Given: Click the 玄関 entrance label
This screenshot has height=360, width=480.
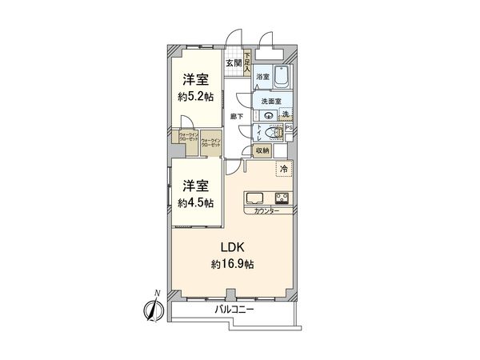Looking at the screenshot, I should pos(234,63).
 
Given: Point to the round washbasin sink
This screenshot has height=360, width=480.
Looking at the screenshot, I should pos(267,115).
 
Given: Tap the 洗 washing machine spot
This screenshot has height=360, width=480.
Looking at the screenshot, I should pos(286,115).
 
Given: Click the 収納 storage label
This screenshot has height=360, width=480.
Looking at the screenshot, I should pos(263,150).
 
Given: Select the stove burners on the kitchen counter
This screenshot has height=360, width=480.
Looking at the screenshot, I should pos(283,198).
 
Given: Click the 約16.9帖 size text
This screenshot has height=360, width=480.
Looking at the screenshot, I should pos(234,265).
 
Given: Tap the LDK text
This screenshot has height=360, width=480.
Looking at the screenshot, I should pos(234,247).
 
